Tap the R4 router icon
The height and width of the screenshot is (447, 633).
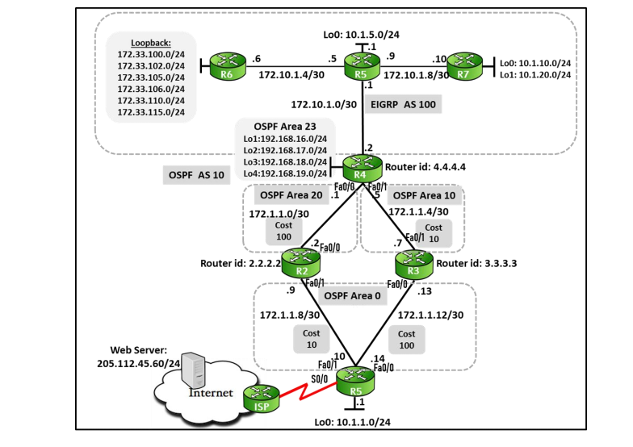pos(358,167)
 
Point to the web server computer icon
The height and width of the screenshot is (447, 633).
pos(191,373)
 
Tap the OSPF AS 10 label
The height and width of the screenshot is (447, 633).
pos(195,174)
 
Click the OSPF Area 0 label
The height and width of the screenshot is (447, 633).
pos(353,296)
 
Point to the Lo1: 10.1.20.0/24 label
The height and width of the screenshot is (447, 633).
pos(535,74)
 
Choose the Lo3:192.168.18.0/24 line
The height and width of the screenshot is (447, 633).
pos(285,161)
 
